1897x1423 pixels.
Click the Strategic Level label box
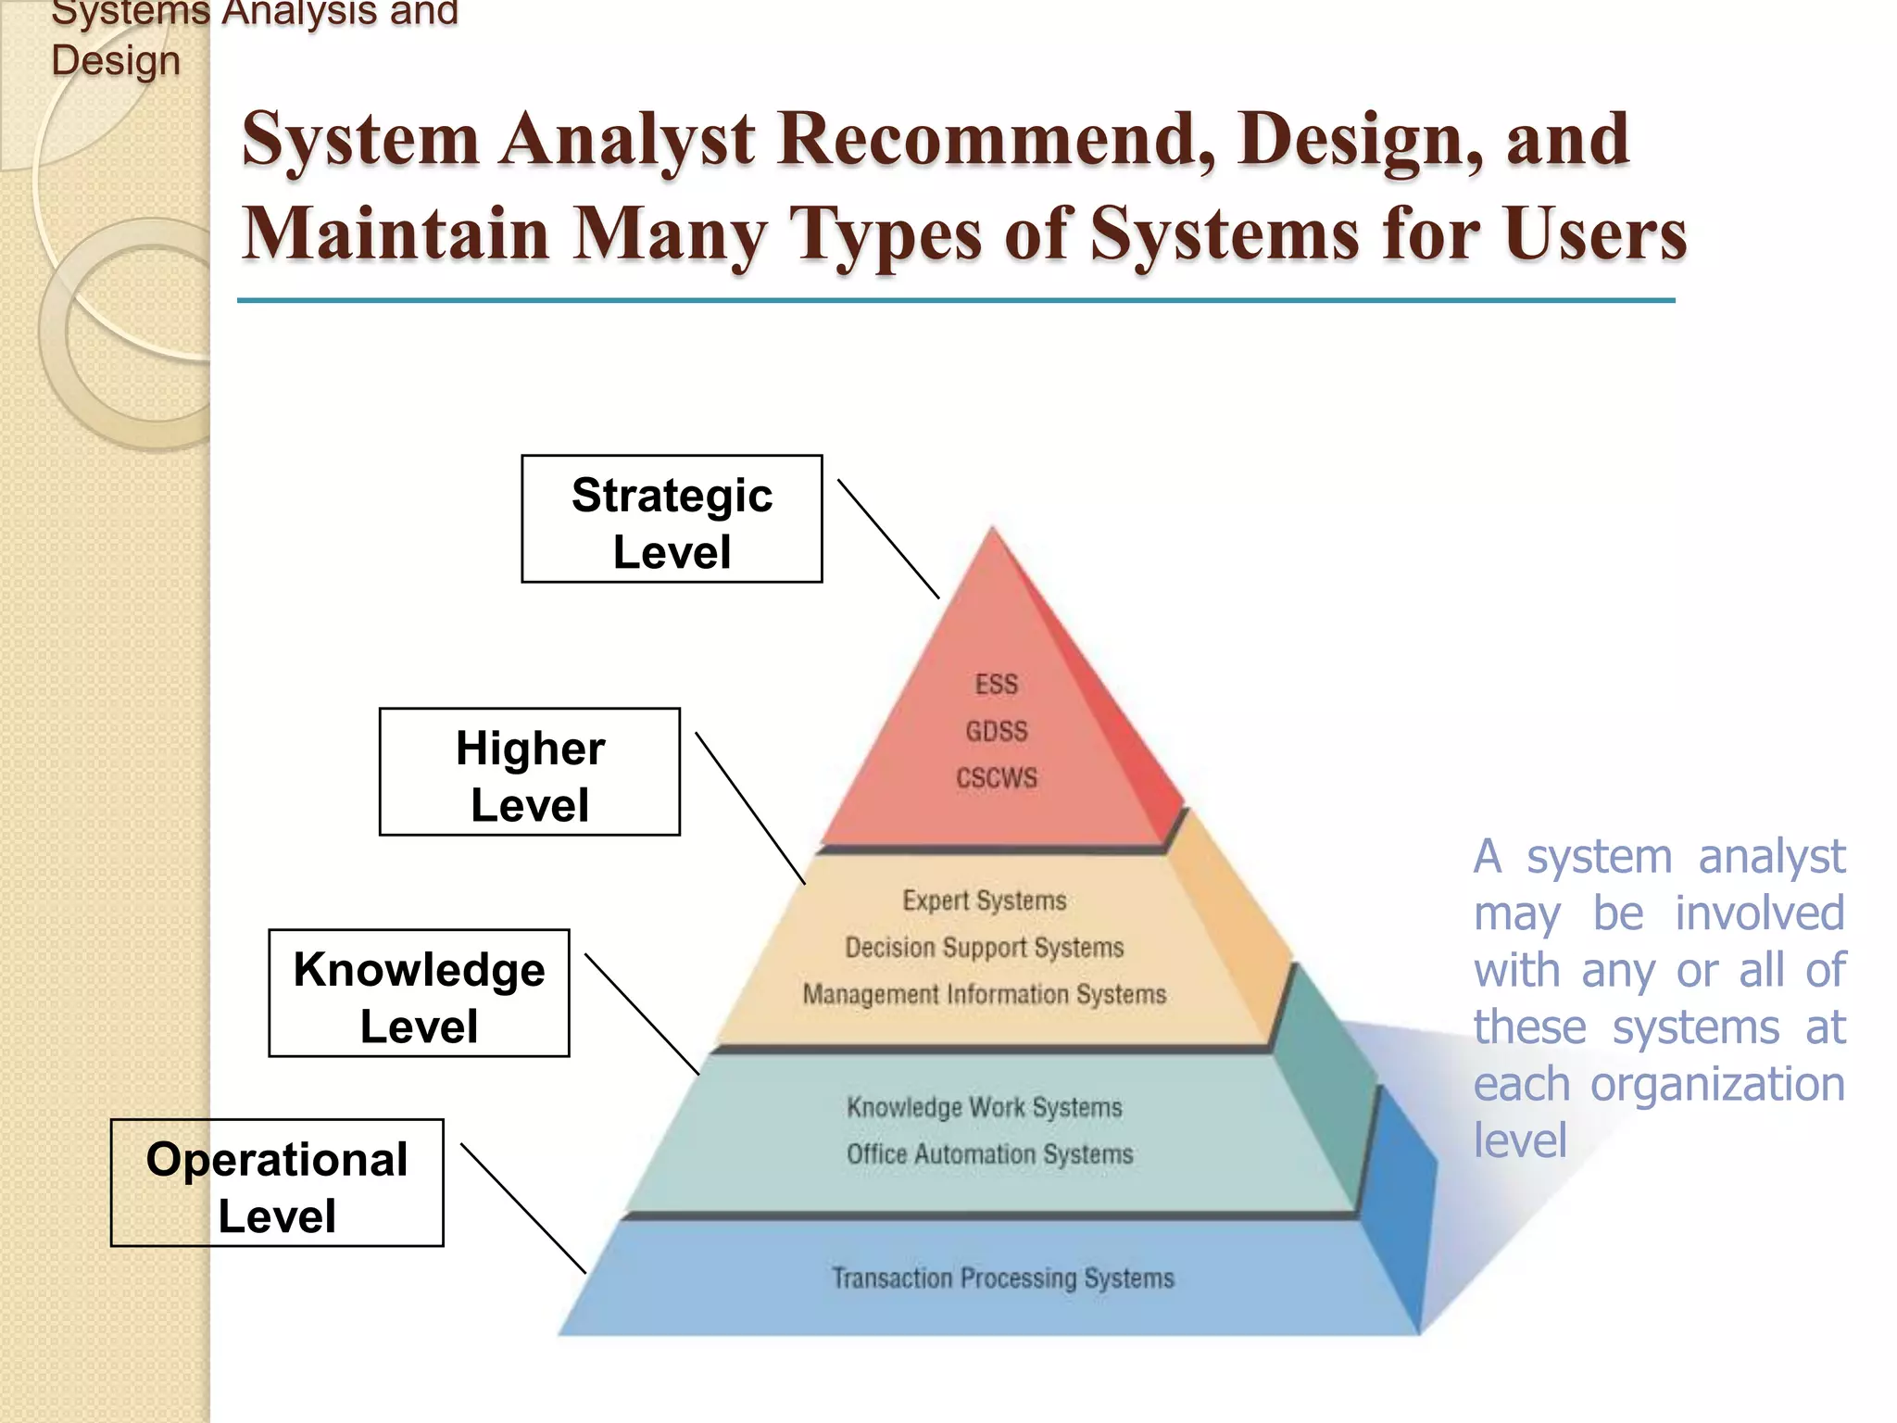click(672, 519)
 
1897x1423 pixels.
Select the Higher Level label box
click(530, 772)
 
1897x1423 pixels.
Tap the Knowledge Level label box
click(419, 993)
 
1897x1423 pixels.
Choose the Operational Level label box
click(277, 1183)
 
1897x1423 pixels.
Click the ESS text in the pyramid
click(996, 685)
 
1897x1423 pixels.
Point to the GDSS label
click(997, 731)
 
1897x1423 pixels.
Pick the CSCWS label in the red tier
click(997, 777)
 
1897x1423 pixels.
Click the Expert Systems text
click(985, 900)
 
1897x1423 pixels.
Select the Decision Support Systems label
click(985, 947)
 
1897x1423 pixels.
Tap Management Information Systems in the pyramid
click(985, 994)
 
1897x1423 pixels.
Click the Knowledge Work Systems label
click(985, 1107)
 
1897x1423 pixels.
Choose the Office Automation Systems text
click(989, 1154)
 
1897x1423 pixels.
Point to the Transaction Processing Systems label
click(1002, 1278)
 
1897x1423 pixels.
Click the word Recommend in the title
click(995, 139)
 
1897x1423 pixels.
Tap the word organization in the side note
click(1717, 1084)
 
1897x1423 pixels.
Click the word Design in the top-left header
click(116, 61)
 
